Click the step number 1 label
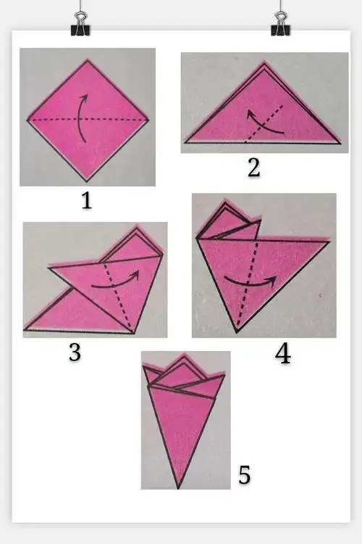click(87, 200)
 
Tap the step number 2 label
click(254, 168)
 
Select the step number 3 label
click(75, 352)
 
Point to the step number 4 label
click(283, 354)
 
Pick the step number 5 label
click(244, 474)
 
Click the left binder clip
click(80, 24)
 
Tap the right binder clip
click(281, 24)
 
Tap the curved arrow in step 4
click(249, 284)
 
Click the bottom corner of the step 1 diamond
click(86, 181)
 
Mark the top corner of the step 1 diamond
click(88, 60)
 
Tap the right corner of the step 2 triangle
click(341, 143)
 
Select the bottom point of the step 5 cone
click(178, 488)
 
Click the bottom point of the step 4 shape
click(237, 332)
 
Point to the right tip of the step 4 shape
click(329, 240)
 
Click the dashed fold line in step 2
click(264, 123)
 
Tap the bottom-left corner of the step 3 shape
click(24, 329)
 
